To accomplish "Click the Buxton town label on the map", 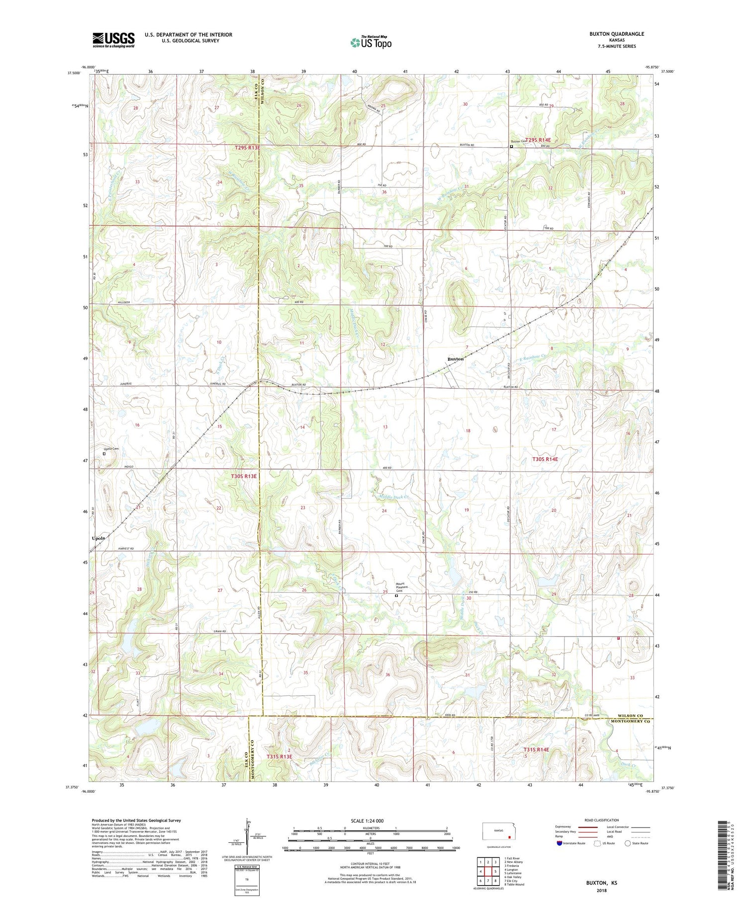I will click(455, 359).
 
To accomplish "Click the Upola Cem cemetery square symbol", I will click(104, 454).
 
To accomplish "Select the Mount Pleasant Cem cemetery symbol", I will click(396, 595).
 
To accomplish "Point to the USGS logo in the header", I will click(113, 40).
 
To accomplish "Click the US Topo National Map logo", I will click(371, 42).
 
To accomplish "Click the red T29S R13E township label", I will click(247, 148).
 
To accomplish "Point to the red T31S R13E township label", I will click(279, 756).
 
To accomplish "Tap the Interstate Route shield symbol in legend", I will click(559, 843).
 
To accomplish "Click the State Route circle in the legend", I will click(628, 843).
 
